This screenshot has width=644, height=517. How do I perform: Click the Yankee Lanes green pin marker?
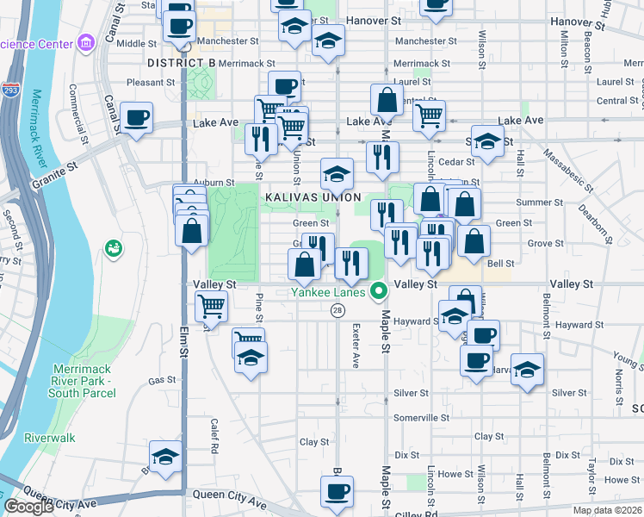377,291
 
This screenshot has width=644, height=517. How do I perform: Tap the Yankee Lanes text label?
328,291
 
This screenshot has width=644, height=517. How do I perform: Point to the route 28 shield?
338,310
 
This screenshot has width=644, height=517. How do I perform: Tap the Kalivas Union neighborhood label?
311,197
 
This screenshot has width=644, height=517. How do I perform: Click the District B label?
181,63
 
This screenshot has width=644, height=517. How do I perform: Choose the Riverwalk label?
50,438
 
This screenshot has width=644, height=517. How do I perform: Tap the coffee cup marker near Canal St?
137,118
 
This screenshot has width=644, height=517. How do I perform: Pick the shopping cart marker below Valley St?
211,305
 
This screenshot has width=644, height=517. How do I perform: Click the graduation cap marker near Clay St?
164,457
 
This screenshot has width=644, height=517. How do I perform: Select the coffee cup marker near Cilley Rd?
337,492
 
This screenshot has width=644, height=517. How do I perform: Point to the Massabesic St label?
568,169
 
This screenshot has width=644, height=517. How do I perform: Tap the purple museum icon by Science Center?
85,42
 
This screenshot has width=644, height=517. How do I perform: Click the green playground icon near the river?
113,249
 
